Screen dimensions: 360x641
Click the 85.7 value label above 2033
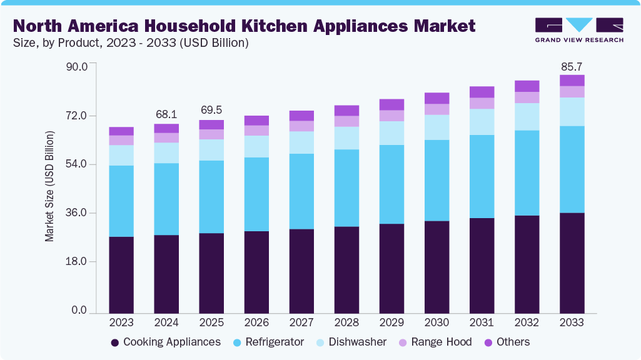[x=572, y=66]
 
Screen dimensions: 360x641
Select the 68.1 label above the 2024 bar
[x=166, y=114]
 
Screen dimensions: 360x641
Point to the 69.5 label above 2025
[x=211, y=110]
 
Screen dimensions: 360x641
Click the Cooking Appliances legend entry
[x=165, y=342]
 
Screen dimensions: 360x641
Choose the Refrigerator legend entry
[x=268, y=342]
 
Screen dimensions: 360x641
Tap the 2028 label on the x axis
[x=346, y=322]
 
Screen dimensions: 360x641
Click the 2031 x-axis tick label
[x=482, y=322]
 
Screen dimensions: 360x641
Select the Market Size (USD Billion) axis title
[x=49, y=186]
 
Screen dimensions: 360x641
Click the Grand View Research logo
[x=578, y=30]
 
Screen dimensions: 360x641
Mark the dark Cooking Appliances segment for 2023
[x=121, y=274]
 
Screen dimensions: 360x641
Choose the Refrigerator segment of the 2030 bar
[x=437, y=180]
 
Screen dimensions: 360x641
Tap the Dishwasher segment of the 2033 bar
[x=572, y=112]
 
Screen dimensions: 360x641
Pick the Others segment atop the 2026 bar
[x=256, y=121]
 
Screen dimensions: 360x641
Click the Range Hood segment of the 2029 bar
[x=391, y=116]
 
